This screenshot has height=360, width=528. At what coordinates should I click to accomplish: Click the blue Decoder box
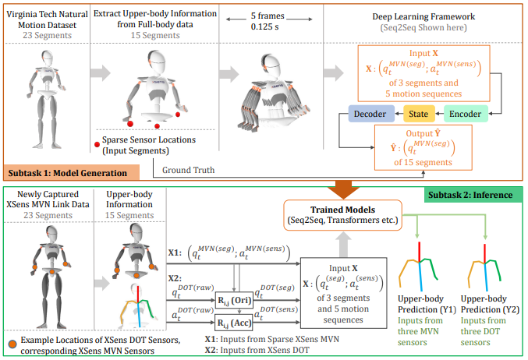click(370, 115)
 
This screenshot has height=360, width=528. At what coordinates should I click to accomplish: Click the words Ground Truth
click(188, 168)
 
